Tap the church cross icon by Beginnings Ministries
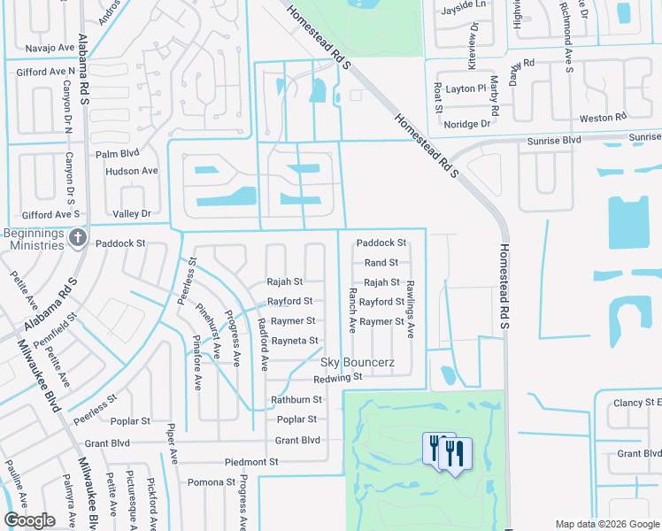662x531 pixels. [78, 237]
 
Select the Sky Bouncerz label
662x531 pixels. [358, 363]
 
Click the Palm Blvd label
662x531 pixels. [119, 153]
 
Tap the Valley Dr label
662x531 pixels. [132, 214]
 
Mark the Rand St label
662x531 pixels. [381, 263]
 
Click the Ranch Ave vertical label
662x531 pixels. [352, 310]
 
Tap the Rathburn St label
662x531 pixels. [296, 399]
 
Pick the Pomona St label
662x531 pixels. [212, 482]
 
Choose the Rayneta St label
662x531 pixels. [295, 341]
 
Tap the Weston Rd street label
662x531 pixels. [602, 118]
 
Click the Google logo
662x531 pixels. [29, 520]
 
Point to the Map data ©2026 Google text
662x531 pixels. [606, 524]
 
